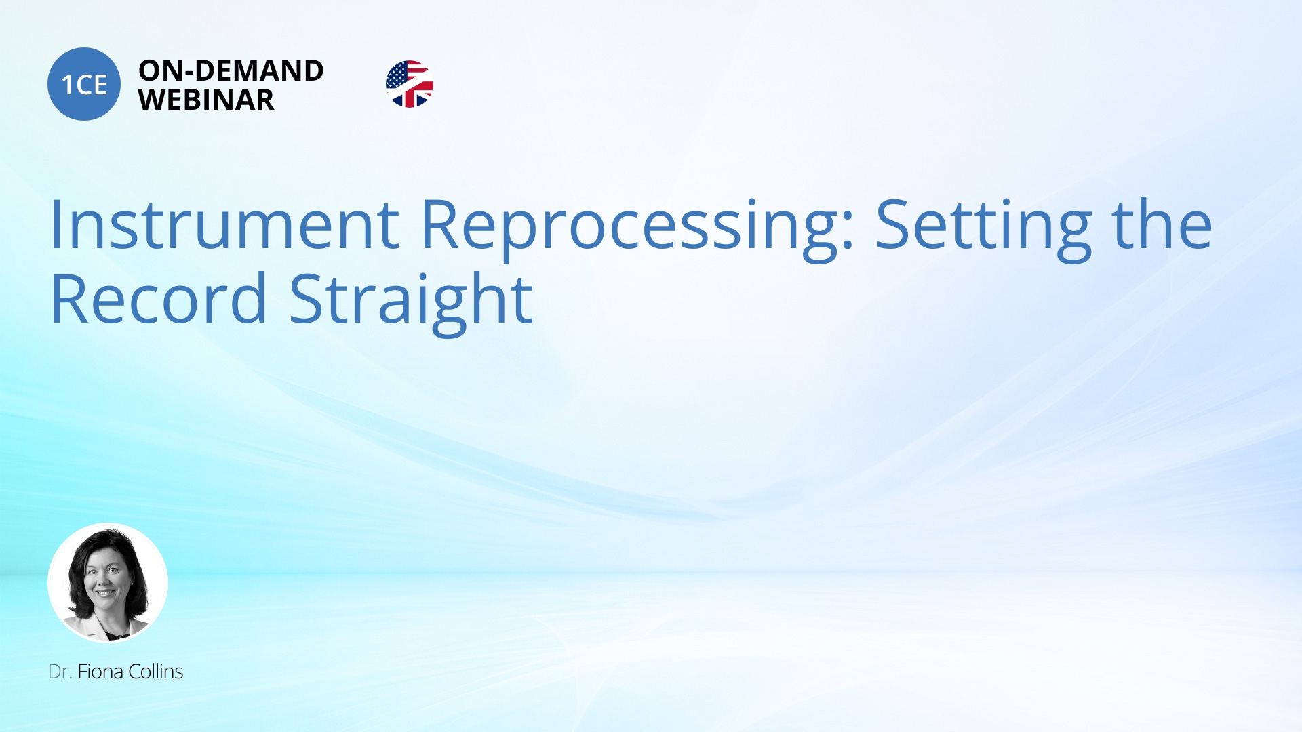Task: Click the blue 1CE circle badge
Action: (84, 84)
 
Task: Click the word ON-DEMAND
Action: (231, 70)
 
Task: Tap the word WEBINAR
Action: (206, 100)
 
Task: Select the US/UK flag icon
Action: (409, 84)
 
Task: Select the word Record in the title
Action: (159, 299)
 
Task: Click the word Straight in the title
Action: (411, 303)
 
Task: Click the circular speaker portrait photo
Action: (108, 582)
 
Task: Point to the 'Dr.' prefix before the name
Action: (60, 672)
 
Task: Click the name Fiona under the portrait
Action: (100, 672)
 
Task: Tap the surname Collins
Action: (155, 672)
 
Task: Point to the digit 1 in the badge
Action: (67, 85)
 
